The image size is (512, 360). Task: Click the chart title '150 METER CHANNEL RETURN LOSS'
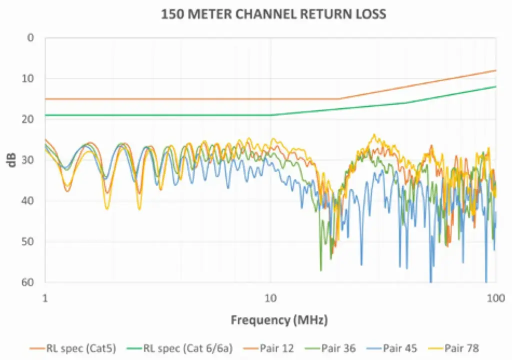click(x=273, y=13)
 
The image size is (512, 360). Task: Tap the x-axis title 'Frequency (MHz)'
click(x=279, y=319)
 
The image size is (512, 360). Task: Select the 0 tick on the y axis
click(x=31, y=37)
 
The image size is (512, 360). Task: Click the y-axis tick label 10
click(x=28, y=78)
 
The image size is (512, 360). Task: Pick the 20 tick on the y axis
click(x=28, y=119)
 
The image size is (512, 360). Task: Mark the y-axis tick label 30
click(x=28, y=160)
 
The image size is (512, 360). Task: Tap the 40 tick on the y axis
click(x=28, y=201)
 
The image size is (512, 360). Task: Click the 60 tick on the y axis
click(x=28, y=282)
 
